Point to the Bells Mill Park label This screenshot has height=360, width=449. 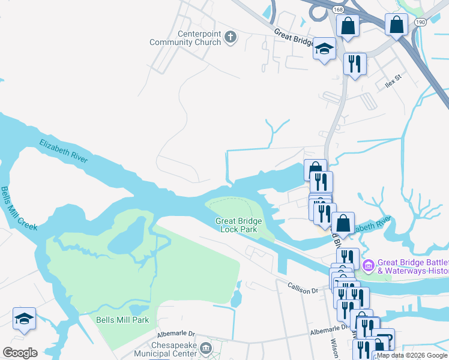click(x=122, y=320)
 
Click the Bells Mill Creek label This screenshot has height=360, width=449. click(x=19, y=208)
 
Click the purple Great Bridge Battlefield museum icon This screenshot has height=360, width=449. click(x=369, y=265)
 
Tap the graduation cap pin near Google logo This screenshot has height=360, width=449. click(x=24, y=319)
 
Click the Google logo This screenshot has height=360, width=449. click(x=20, y=353)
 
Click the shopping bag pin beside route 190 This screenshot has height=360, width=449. click(x=397, y=25)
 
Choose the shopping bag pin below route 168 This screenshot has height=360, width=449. click(x=348, y=26)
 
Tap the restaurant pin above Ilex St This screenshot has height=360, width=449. click(x=355, y=64)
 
